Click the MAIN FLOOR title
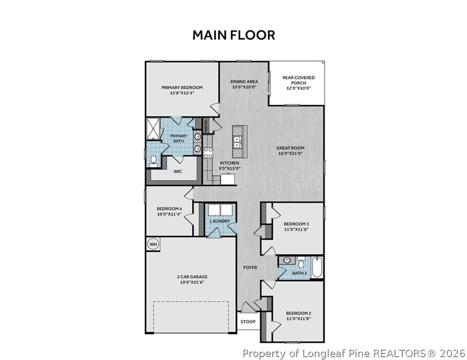coord(233,35)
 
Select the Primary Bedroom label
coord(182,87)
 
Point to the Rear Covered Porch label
coord(298,80)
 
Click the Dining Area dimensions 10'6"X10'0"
coord(244,87)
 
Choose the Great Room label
coord(290,148)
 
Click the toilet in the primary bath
coord(154,160)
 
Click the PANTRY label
coord(206,126)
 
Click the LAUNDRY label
coord(220,221)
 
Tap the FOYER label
coord(250,267)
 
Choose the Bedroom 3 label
coord(296,224)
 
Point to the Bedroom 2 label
coord(298,313)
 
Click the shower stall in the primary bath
coord(154,129)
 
